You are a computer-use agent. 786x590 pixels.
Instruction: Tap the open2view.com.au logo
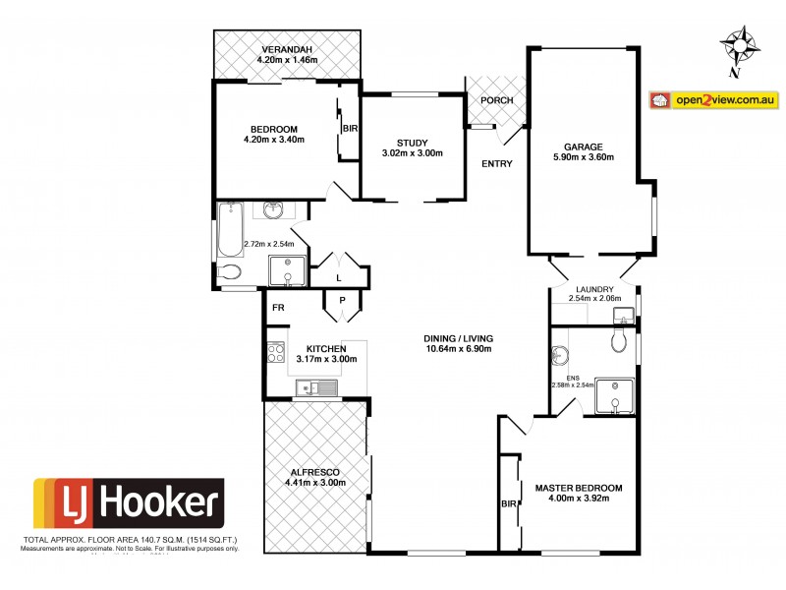(x=714, y=100)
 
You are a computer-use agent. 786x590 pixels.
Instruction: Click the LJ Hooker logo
(x=129, y=504)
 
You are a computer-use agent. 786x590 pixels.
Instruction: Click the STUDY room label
(x=412, y=142)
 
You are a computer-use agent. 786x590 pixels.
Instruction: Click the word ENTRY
(x=496, y=163)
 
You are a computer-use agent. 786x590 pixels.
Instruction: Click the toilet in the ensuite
(x=619, y=340)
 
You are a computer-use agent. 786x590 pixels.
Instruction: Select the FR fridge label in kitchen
(x=278, y=308)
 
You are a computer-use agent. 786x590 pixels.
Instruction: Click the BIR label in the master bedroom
(x=509, y=503)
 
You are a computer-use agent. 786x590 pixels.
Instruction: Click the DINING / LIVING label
(x=458, y=337)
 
